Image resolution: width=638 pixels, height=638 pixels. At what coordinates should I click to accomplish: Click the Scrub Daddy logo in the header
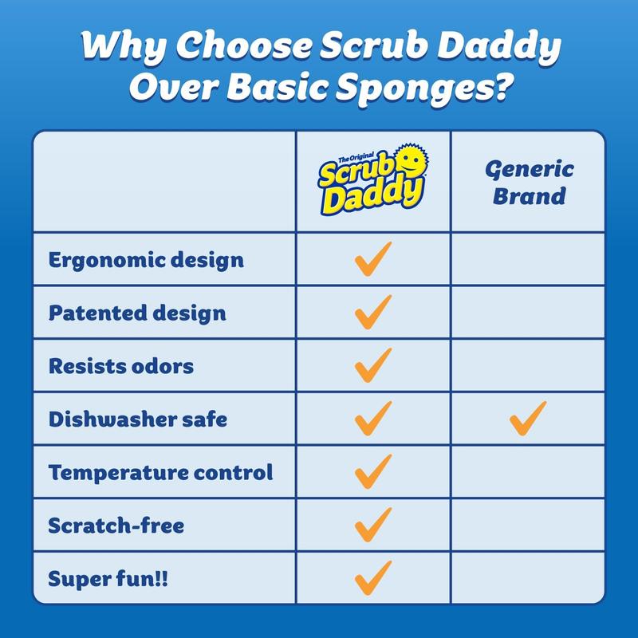372,182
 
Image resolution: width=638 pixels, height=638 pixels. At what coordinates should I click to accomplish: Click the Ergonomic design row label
146,260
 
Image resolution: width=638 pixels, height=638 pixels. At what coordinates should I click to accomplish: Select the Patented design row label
137,313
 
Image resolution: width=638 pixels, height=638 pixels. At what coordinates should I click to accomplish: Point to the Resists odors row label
121,366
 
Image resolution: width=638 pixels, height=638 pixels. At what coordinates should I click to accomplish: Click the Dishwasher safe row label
137,419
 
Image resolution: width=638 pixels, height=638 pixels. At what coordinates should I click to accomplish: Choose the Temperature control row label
160,472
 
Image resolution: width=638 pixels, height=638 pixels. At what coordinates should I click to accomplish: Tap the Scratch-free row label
116,526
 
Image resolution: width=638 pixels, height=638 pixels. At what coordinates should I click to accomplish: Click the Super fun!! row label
108,578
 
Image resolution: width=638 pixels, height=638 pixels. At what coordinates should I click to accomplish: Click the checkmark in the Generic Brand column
528,418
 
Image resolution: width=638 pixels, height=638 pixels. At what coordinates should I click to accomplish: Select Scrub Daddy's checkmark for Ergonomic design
372,259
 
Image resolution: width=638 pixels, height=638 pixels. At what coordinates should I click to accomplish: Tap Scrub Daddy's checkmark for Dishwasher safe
372,418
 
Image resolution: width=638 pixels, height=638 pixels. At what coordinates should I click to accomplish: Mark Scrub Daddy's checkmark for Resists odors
372,365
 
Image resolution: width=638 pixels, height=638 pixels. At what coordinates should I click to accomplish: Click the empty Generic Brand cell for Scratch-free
528,526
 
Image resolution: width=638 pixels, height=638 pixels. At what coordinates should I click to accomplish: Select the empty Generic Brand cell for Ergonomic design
528,260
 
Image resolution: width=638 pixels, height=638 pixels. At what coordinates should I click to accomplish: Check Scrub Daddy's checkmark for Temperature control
372,471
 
